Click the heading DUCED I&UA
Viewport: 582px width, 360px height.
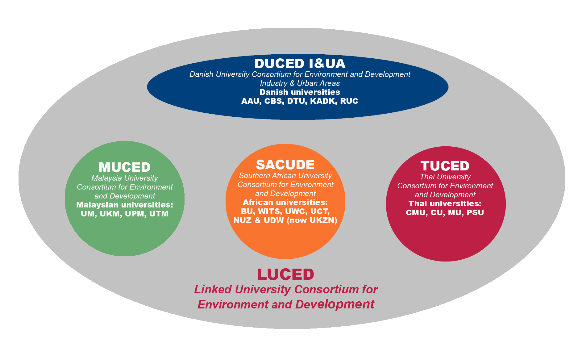(x=300, y=64)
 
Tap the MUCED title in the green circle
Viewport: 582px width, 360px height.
(x=125, y=167)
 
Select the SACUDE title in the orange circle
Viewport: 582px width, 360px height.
(x=285, y=165)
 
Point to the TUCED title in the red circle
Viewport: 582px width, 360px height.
(x=445, y=166)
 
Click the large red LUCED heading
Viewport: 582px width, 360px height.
(x=285, y=274)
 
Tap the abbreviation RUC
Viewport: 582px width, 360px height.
(x=349, y=101)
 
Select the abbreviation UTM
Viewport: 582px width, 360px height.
(x=159, y=214)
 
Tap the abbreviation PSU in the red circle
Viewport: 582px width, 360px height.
(x=475, y=213)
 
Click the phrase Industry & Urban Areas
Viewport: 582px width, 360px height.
(x=300, y=83)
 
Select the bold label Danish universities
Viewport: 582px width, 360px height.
(x=300, y=92)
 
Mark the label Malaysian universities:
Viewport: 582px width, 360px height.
(x=125, y=205)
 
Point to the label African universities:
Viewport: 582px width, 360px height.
(x=285, y=203)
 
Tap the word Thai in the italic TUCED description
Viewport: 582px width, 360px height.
(x=427, y=177)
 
